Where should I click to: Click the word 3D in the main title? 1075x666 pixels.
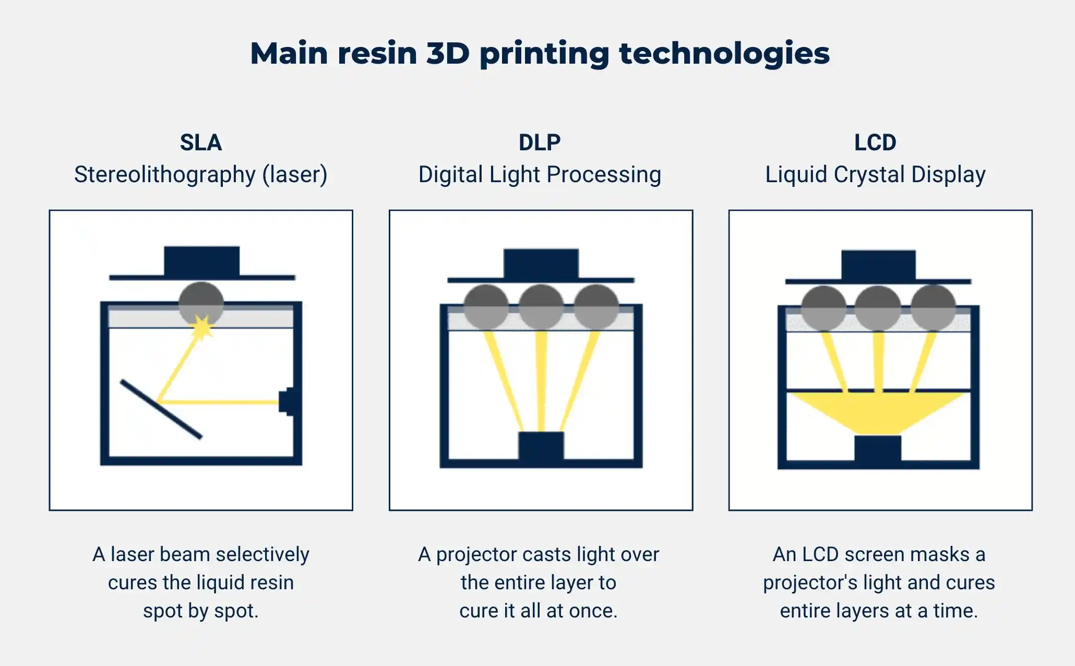click(448, 53)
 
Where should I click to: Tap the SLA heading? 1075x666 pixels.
click(201, 142)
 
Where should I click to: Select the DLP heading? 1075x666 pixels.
click(540, 142)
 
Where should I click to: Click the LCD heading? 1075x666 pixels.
click(875, 142)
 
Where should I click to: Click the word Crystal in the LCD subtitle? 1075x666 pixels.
click(869, 175)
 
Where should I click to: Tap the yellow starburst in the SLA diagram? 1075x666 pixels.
click(202, 328)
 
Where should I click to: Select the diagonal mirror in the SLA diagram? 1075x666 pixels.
click(161, 409)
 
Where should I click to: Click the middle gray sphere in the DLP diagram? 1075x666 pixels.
click(541, 306)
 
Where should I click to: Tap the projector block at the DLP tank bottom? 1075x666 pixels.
click(541, 446)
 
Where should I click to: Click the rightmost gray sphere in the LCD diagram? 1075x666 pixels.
click(933, 308)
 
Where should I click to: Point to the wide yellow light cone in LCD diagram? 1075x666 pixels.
click(878, 412)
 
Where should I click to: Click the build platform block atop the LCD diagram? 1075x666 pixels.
click(878, 265)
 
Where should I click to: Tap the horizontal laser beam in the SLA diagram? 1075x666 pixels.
click(219, 402)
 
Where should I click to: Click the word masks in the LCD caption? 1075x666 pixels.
click(943, 554)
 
